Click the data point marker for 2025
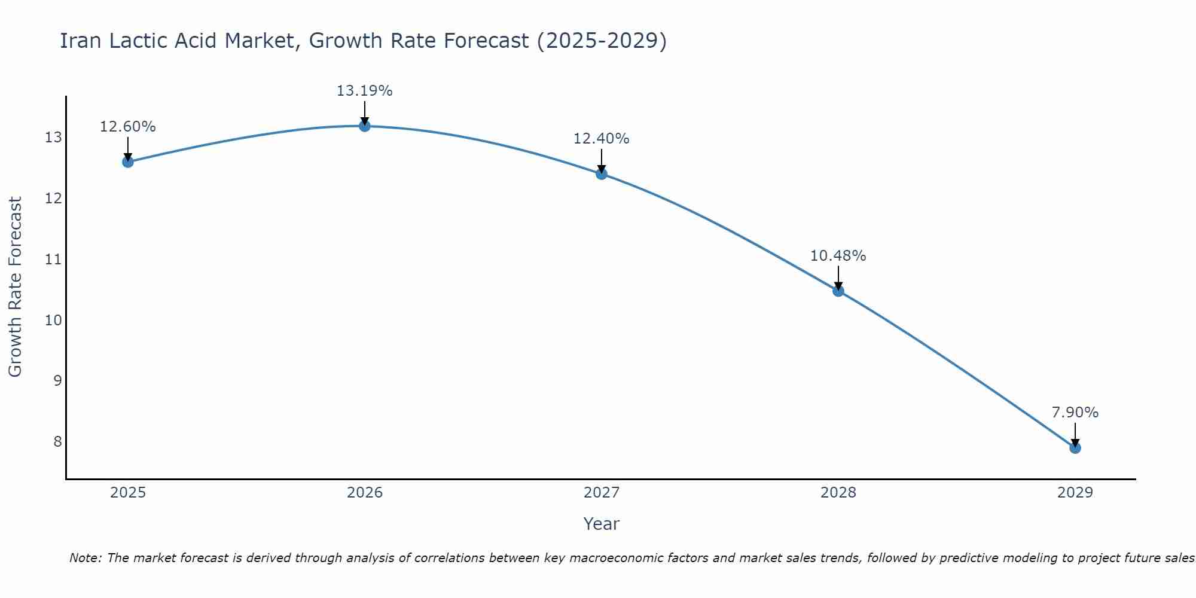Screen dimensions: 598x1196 (128, 161)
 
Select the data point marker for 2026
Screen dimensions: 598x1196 (365, 126)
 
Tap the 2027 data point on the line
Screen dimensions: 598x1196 (602, 174)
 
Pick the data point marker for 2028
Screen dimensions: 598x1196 (838, 291)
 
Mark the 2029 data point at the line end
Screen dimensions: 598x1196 (1075, 447)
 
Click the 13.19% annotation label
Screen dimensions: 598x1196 (365, 91)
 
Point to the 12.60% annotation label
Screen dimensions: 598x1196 (128, 127)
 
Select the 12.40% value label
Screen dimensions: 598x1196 (602, 139)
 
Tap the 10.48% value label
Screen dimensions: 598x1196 (838, 256)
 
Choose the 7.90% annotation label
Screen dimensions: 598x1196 (1075, 413)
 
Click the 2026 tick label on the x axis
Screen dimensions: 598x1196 (365, 493)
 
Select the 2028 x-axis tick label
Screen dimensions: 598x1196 (838, 493)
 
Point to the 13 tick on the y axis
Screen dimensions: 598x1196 (53, 138)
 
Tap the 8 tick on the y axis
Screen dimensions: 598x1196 (57, 441)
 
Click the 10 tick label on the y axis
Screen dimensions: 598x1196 (53, 320)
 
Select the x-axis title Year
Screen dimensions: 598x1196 (602, 524)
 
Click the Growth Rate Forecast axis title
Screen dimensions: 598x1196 (15, 287)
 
